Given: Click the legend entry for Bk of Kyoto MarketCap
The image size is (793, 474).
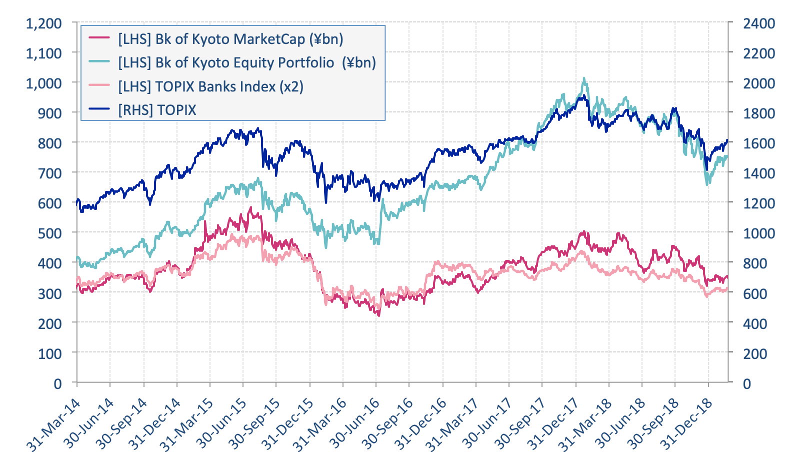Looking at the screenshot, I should pos(230,38).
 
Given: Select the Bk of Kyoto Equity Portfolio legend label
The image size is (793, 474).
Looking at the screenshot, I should pos(246,62).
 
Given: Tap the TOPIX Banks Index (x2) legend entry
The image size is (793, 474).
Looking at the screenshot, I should pos(210,86).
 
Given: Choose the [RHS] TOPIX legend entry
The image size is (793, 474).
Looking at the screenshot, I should pos(157,110).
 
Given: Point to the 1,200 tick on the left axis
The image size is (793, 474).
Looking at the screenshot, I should pos(44,23).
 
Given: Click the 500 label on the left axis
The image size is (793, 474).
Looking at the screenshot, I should pos(49,233).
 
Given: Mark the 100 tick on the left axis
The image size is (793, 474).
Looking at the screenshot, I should pos(49,353).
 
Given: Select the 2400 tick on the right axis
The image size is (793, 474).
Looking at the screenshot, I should pos(759,23).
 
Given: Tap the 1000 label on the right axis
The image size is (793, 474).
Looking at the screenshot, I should pos(759,233).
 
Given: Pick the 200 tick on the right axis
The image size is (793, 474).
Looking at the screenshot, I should pos(755,353).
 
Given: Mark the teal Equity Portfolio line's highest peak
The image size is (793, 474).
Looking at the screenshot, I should pos(583,78).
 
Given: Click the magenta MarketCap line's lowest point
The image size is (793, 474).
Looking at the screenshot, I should pos(378,315).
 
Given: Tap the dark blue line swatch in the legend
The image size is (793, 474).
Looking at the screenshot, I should pos(99,110).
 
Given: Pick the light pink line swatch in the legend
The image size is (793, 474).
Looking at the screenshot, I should pos(99,86).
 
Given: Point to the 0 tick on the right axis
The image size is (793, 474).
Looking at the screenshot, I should pos(747,383).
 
